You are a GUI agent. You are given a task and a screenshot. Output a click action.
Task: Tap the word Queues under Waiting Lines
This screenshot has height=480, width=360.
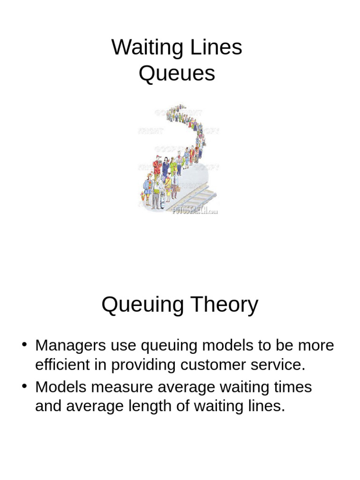(177, 74)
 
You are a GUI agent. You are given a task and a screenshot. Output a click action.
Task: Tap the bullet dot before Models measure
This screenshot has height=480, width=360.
(24, 387)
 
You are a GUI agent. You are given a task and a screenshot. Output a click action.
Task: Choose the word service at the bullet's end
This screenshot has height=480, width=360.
(283, 365)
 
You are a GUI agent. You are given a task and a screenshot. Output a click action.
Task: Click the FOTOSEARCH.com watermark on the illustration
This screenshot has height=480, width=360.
(195, 210)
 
